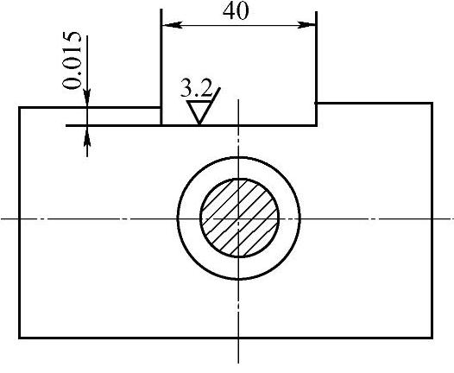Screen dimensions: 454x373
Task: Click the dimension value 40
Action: click(236, 12)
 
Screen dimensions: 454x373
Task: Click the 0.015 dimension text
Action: click(72, 60)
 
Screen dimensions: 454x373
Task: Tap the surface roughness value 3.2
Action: click(196, 88)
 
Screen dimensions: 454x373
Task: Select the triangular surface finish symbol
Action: click(199, 112)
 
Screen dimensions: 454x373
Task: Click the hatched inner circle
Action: click(239, 218)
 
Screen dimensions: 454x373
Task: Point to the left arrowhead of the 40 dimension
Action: click(172, 25)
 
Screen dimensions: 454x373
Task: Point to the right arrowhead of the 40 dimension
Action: click(306, 25)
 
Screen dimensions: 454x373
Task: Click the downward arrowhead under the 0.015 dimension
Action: click(87, 98)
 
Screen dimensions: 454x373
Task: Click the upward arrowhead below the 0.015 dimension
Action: click(87, 136)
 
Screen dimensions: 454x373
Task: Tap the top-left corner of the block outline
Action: click(19, 107)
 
